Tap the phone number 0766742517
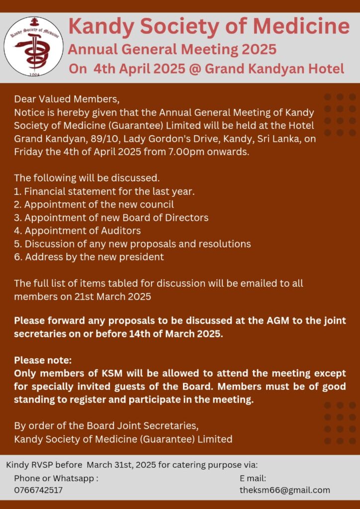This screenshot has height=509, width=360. [38, 490]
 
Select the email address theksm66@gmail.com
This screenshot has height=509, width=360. [284, 490]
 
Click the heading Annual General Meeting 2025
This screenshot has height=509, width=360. [172, 50]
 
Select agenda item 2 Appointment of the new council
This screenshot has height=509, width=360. [94, 204]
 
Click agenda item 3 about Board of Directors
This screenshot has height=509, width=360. [111, 218]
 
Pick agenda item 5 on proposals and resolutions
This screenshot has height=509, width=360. [132, 244]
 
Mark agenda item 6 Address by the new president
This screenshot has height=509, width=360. [89, 257]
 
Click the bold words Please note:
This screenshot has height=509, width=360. [43, 360]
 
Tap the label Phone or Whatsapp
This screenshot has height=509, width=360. [56, 478]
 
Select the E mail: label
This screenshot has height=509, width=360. [253, 478]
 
